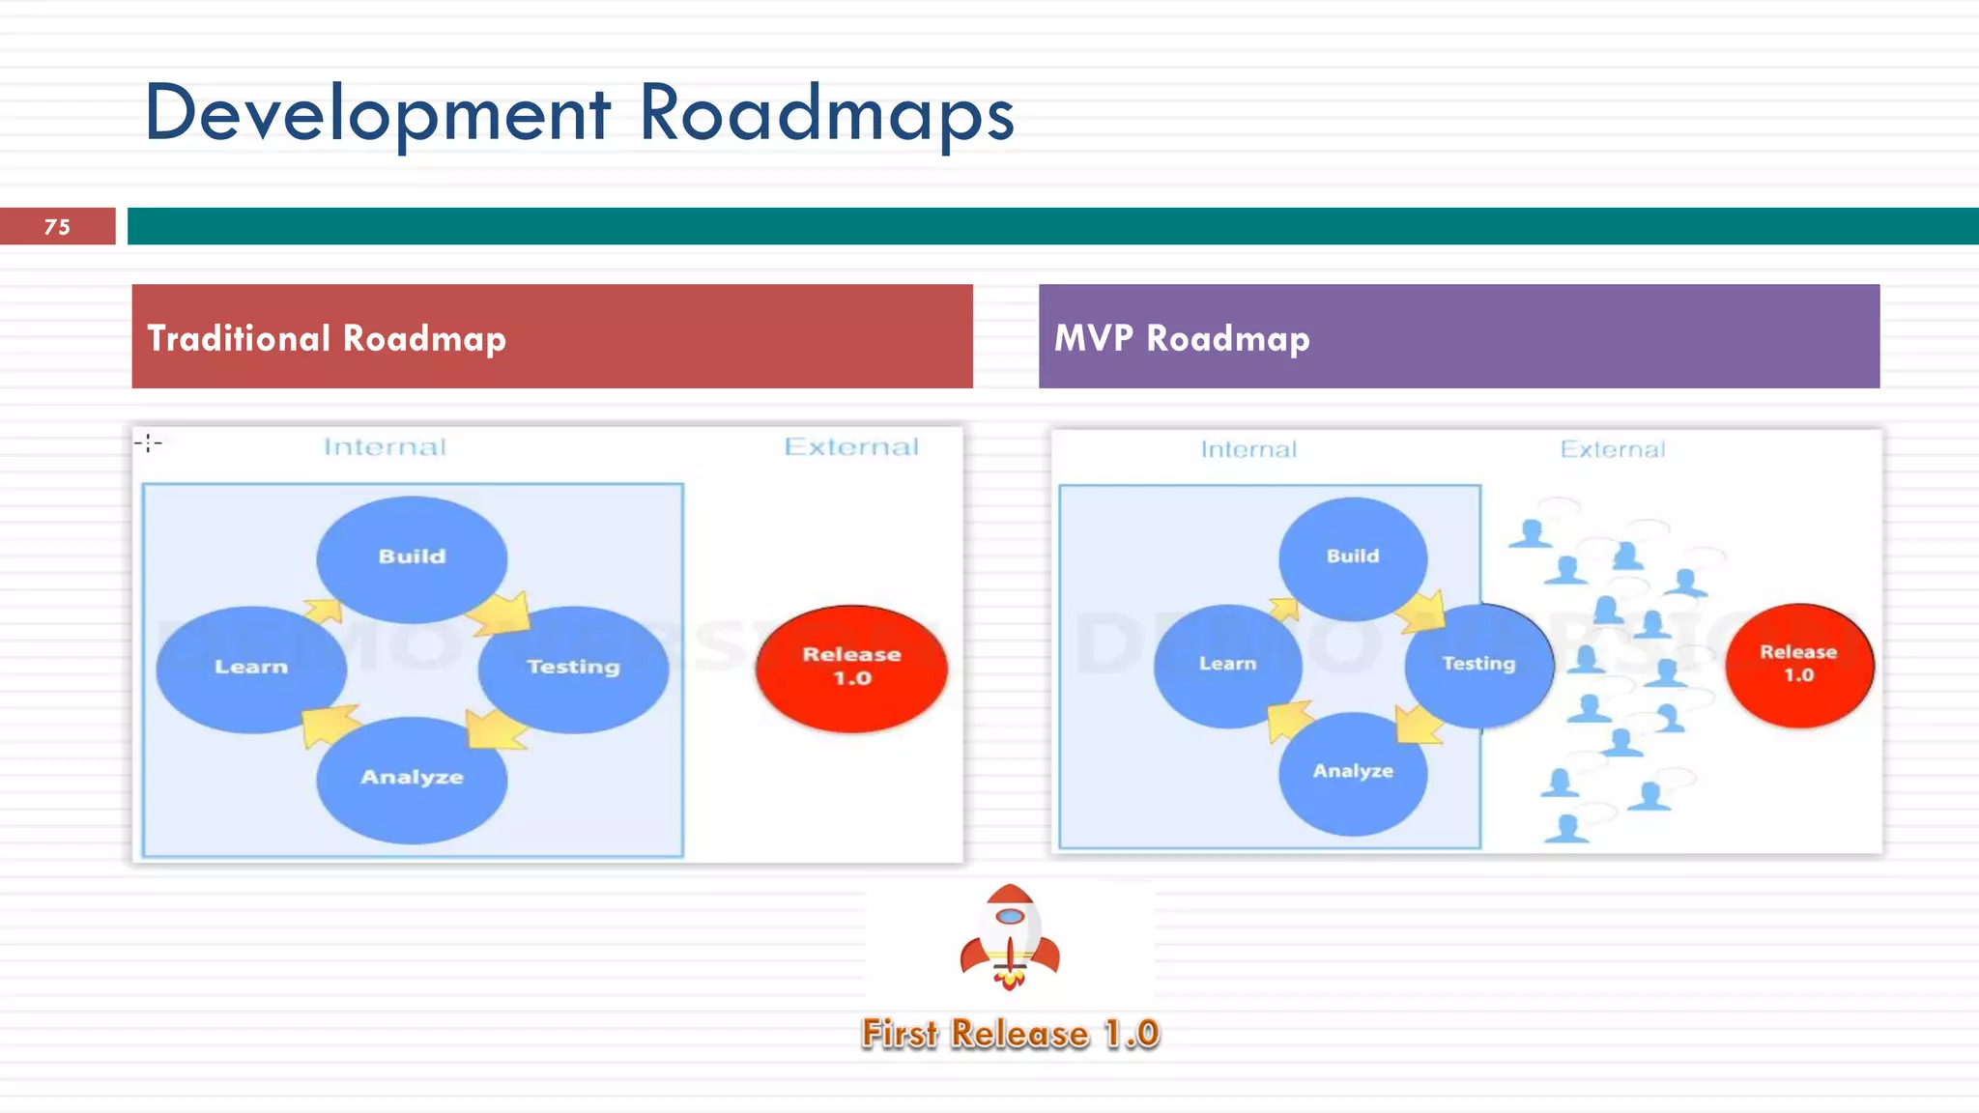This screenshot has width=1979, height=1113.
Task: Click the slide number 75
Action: point(57,227)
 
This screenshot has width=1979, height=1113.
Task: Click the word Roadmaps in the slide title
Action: point(826,114)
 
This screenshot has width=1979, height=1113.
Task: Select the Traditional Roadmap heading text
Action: point(327,338)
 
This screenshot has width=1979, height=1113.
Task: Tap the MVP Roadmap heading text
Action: point(1182,338)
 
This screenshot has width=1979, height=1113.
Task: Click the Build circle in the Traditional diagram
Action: point(412,557)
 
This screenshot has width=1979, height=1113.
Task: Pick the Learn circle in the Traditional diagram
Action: point(251,668)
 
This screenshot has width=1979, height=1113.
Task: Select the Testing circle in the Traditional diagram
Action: point(573,668)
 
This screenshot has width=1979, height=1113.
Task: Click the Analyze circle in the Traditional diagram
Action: point(412,778)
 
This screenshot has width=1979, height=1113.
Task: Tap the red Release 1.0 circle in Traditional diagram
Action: point(851,667)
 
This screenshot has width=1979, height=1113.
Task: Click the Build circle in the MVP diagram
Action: point(1353,557)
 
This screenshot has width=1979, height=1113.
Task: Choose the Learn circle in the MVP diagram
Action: point(1227,665)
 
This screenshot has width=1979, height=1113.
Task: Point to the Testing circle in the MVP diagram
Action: point(1478,665)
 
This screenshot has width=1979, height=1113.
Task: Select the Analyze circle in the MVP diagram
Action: point(1353,772)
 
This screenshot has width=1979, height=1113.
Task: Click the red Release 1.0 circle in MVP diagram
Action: point(1798,664)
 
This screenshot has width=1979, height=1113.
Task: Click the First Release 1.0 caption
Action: point(1010,1034)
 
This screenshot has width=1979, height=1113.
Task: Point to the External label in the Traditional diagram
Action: point(851,447)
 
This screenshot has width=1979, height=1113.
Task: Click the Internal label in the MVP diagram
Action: point(1248,450)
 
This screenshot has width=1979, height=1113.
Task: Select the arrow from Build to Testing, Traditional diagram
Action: point(501,613)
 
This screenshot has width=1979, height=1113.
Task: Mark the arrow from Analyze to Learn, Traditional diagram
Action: point(327,725)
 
